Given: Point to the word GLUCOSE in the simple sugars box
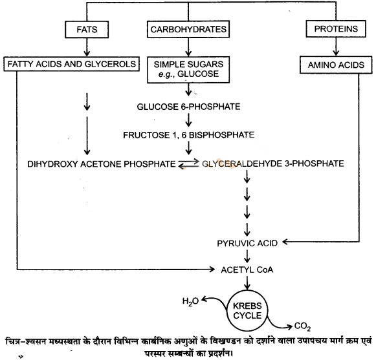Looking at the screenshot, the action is (198, 74).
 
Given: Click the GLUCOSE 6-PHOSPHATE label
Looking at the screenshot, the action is (188, 107).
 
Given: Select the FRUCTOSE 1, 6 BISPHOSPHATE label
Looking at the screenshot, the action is (188, 135).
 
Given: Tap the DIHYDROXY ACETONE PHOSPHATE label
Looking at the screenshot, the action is (102, 164).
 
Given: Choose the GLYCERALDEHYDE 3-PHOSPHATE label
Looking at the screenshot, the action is (273, 164).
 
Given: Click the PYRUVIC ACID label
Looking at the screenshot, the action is (247, 244).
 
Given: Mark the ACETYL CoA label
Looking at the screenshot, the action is (247, 270).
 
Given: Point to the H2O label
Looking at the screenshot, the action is (190, 301).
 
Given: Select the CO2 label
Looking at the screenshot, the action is (302, 326).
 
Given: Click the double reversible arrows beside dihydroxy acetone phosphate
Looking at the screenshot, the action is (188, 164).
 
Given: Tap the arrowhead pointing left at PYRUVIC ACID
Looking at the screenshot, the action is (285, 242).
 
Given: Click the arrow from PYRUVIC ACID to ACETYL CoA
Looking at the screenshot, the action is (247, 257).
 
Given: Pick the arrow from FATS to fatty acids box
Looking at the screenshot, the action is (87, 47).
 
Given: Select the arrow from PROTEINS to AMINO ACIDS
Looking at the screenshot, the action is (336, 47).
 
